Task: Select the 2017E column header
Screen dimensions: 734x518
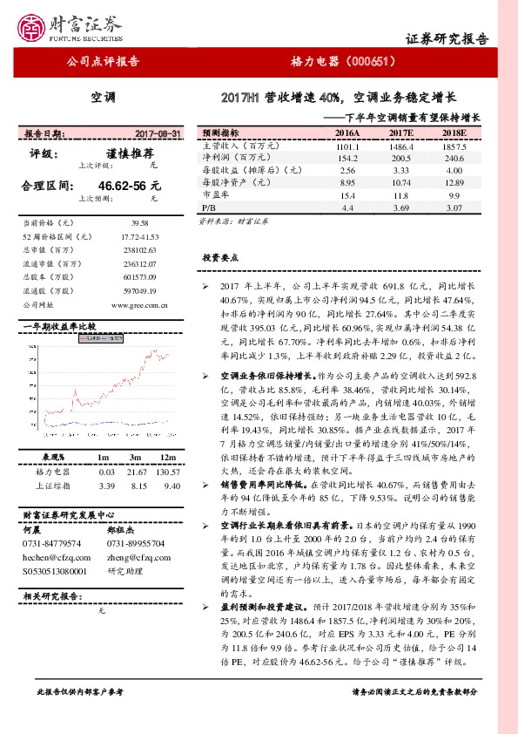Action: click(x=400, y=133)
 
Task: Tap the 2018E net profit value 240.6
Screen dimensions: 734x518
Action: click(x=454, y=159)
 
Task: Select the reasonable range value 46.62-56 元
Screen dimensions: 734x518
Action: click(x=130, y=186)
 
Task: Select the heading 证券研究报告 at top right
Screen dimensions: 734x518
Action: click(x=447, y=40)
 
